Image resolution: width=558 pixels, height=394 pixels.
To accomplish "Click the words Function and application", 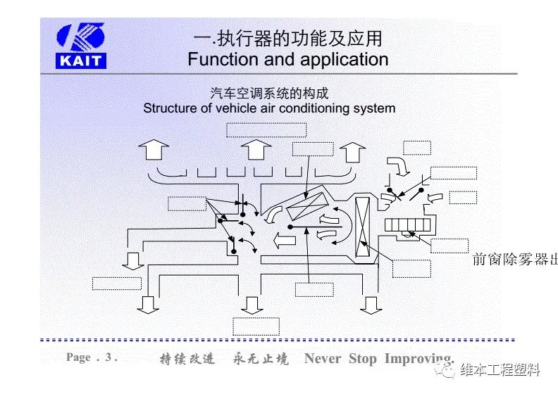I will tap(287, 59).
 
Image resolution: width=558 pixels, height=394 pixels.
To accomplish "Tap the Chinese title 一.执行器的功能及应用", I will tap(287, 37).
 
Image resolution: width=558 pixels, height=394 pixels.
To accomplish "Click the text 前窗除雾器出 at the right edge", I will tap(514, 260).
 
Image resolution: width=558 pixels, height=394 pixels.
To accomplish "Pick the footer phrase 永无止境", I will tap(261, 359).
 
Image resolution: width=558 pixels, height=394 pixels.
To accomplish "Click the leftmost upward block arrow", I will tap(153, 151).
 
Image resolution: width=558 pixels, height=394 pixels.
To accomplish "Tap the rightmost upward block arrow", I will tap(352, 151).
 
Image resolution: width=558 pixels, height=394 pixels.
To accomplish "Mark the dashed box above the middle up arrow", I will tap(266, 129).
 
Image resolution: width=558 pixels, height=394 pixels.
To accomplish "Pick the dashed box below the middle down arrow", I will tap(256, 326).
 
